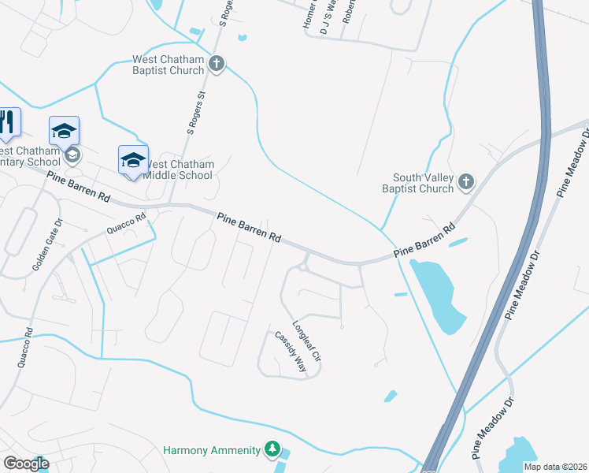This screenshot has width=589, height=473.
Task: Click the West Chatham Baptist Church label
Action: [169, 65]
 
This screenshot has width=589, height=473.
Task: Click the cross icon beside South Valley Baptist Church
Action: [466, 183]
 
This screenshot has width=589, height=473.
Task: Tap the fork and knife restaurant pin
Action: [8, 122]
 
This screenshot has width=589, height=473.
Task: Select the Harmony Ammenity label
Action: [212, 450]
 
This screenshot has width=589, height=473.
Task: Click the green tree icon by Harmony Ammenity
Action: [272, 449]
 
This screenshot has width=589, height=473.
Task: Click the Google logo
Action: [26, 464]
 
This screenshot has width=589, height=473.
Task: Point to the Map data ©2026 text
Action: [555, 467]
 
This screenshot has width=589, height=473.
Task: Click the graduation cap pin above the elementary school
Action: [65, 131]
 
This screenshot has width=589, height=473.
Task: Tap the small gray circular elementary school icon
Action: [72, 155]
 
